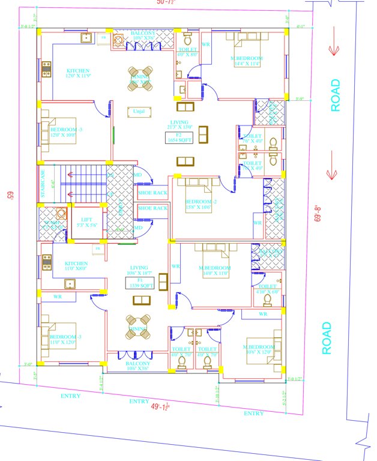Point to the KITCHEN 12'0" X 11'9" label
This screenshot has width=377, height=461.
coord(79,74)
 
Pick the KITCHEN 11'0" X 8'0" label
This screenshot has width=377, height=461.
coord(77,266)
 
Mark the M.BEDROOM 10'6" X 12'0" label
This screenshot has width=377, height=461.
coord(259,350)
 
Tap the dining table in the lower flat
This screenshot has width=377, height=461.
coord(138,325)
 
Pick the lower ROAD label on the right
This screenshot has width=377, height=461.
coord(327,338)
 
